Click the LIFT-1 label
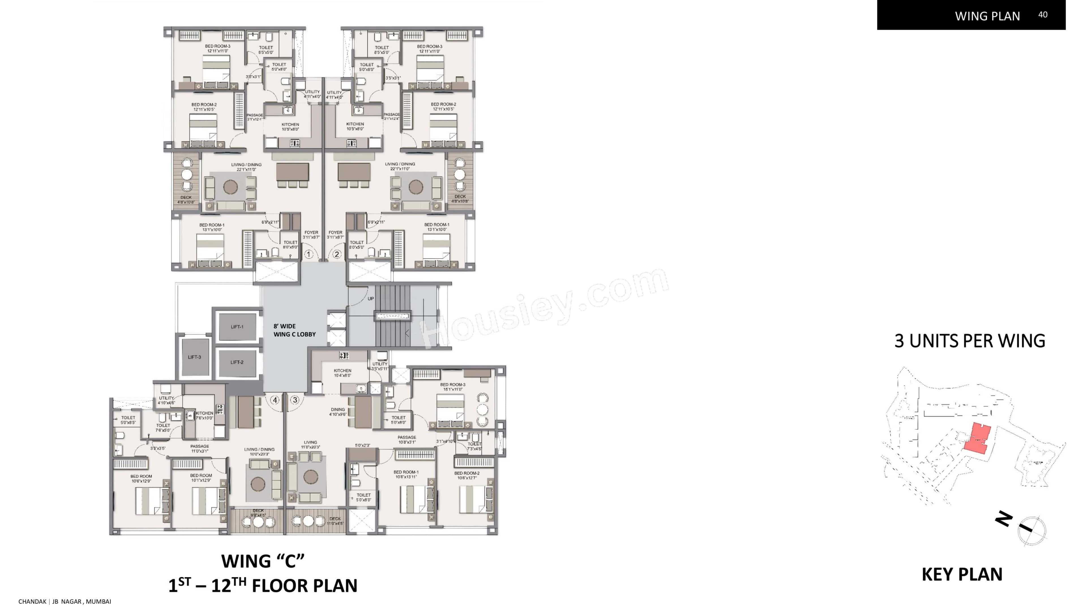237,327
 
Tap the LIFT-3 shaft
194,357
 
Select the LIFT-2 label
237,362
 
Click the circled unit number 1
309,254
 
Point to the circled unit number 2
337,254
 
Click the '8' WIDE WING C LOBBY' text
294,330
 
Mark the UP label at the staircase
371,298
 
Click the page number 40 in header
1042,15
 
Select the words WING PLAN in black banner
987,16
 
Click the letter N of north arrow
1004,519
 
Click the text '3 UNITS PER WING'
970,341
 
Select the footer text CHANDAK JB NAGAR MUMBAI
65,601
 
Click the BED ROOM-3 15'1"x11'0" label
452,387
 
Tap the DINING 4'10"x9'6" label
338,412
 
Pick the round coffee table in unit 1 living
230,187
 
